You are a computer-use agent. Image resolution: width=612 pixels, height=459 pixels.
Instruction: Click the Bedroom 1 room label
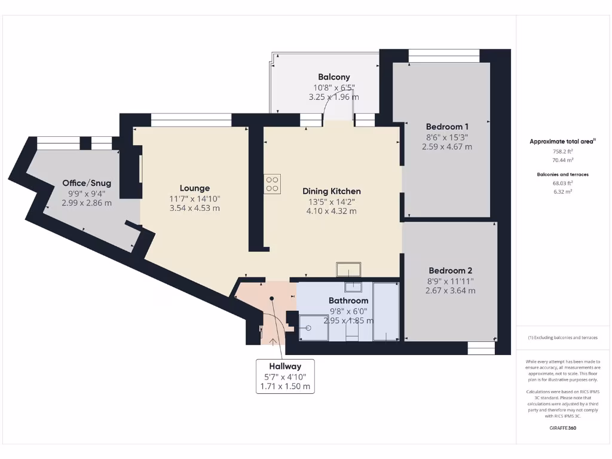click(447, 127)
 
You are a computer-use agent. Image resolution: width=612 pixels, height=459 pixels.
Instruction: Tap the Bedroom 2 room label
click(450, 270)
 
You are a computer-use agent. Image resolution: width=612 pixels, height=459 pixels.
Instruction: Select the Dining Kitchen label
click(332, 191)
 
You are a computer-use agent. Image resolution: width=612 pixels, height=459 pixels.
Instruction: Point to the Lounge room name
click(195, 188)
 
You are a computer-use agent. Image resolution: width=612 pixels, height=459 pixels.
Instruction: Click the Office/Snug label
click(87, 183)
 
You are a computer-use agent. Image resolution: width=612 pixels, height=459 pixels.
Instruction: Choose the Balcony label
click(333, 77)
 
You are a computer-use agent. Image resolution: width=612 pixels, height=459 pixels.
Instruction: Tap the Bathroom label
click(348, 300)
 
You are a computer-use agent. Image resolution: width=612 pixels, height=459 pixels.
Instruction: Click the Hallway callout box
click(284, 376)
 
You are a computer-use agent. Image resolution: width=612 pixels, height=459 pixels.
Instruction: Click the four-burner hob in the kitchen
click(273, 183)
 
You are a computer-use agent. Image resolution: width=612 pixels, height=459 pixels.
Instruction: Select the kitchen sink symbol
click(348, 270)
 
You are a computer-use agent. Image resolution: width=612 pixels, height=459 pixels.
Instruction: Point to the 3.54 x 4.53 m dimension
click(195, 209)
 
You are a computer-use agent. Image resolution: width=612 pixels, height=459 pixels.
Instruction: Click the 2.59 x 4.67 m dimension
click(447, 146)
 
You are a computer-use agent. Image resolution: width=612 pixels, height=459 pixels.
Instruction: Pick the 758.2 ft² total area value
click(561, 152)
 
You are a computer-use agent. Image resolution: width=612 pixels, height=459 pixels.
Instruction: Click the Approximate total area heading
click(561, 142)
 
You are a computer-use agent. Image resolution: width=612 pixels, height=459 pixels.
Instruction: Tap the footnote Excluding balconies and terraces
click(562, 338)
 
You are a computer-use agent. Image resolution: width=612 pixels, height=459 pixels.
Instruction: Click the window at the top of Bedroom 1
click(444, 59)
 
